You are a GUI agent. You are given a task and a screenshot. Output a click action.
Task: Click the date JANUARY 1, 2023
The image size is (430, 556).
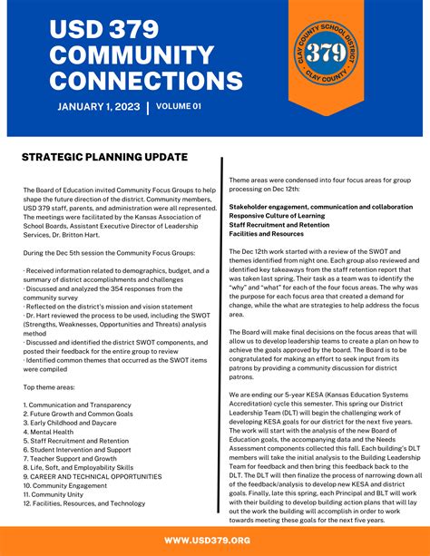[x=99, y=107]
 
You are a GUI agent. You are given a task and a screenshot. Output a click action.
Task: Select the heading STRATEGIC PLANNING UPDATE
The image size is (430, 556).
[x=104, y=158]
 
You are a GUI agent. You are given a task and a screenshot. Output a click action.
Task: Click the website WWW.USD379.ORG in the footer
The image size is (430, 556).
[x=214, y=541]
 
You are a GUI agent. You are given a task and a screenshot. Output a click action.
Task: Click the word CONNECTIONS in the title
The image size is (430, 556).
[x=146, y=81]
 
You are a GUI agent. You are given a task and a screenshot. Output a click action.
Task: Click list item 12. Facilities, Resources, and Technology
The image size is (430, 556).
[x=84, y=502]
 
